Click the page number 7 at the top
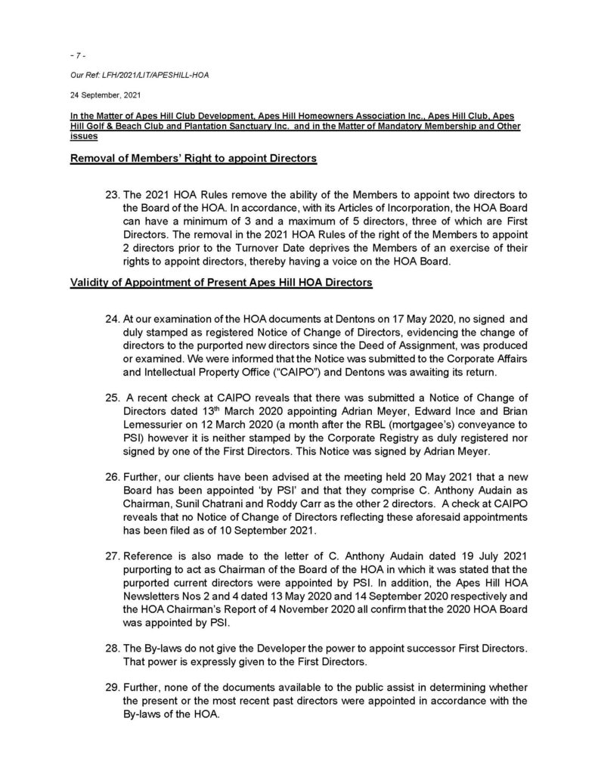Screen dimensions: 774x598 (75, 56)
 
